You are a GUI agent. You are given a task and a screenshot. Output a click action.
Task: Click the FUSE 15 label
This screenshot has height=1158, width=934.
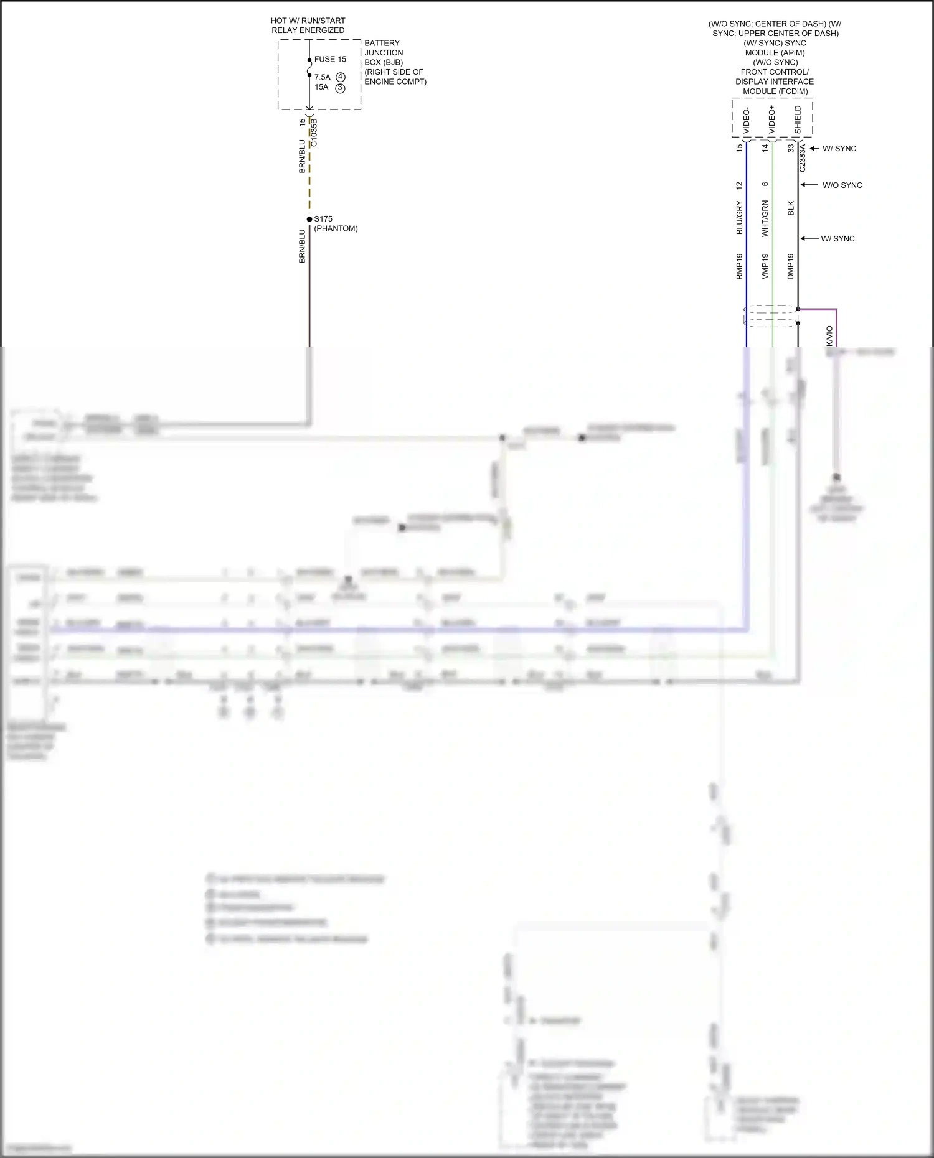(330, 59)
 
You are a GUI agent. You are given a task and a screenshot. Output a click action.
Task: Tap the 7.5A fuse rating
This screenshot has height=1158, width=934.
(322, 77)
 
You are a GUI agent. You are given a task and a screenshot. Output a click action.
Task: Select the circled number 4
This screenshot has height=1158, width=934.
(341, 77)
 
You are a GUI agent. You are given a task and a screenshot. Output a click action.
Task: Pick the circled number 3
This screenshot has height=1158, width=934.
(341, 88)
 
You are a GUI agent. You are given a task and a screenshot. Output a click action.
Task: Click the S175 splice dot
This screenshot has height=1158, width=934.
(309, 219)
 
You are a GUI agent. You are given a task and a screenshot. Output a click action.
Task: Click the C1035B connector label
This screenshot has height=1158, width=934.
(314, 133)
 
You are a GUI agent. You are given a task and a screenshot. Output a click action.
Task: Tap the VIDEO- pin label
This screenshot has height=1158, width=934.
(747, 121)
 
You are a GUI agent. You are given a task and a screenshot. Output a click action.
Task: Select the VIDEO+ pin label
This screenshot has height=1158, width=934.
(772, 119)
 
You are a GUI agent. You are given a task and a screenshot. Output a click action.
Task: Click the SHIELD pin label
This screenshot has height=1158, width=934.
(798, 119)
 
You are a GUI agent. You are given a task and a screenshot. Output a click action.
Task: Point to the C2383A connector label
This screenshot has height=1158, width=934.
(803, 158)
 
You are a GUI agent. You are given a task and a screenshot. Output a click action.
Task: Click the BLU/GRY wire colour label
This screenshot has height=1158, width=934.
(739, 217)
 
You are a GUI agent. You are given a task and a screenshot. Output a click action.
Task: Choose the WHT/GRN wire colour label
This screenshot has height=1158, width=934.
(765, 218)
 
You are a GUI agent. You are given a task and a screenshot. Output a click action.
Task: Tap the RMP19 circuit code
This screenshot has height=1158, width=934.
(739, 266)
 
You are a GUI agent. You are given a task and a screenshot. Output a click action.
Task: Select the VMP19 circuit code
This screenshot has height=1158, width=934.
(765, 266)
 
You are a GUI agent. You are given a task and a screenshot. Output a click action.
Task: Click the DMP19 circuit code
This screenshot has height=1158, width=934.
(791, 266)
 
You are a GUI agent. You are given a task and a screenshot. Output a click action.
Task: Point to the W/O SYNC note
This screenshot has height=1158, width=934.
(842, 185)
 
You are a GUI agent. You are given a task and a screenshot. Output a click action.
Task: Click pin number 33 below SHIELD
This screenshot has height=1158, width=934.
(791, 148)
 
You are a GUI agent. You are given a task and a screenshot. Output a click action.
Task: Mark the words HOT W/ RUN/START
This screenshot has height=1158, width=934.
(308, 21)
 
